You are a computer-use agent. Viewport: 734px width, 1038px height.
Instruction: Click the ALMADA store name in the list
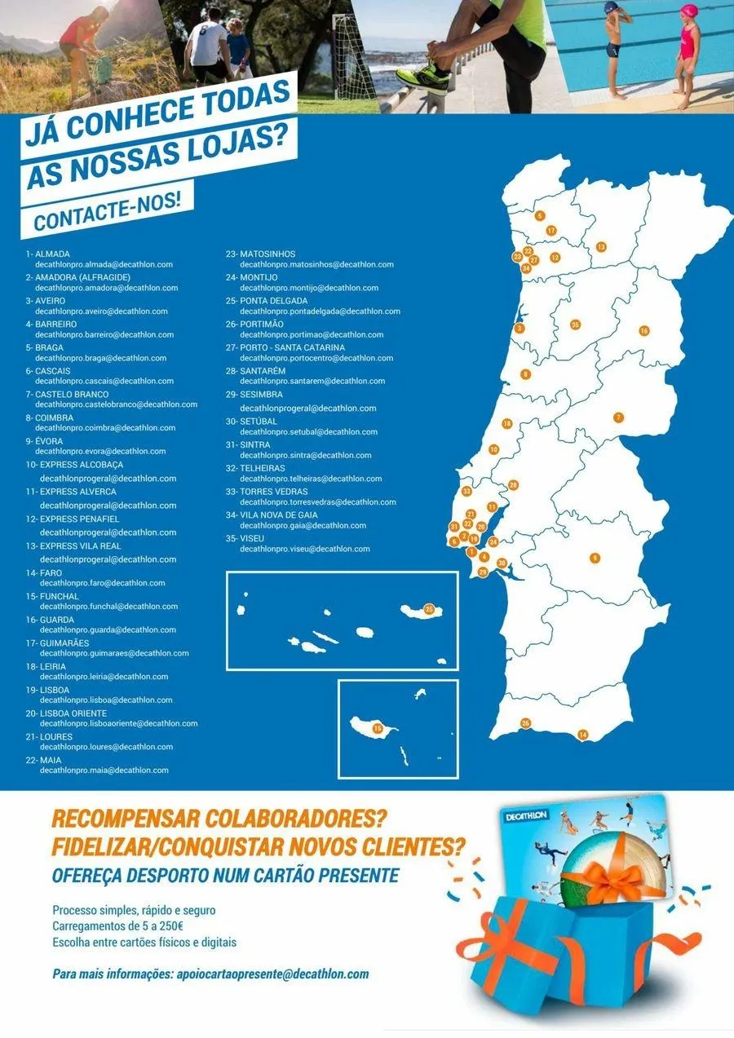tap(52, 254)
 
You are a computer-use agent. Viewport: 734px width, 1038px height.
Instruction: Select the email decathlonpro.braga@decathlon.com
tap(101, 358)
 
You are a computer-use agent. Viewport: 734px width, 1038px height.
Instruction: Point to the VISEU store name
tap(252, 539)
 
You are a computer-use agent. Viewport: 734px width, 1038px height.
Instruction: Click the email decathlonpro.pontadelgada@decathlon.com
tap(320, 311)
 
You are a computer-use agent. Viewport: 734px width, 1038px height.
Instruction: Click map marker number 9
tap(595, 558)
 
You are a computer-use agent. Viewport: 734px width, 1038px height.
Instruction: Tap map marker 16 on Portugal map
tap(643, 331)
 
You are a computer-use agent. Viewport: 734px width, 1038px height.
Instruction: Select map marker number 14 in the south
tap(582, 735)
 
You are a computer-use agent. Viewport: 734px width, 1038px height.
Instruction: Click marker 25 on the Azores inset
tap(429, 609)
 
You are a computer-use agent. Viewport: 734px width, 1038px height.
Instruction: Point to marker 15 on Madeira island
tap(377, 727)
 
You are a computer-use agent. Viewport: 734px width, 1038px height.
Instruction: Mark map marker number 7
tap(618, 417)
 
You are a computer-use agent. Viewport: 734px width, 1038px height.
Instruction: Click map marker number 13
tap(601, 246)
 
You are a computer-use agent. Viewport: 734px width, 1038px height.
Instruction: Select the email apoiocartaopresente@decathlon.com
tap(272, 974)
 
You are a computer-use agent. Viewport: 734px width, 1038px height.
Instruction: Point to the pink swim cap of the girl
tap(690, 11)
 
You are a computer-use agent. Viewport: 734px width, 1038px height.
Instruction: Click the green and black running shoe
tap(423, 76)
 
